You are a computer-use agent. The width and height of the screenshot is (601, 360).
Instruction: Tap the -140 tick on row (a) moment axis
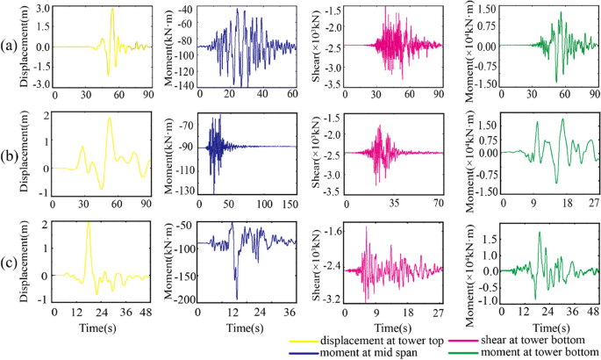184,85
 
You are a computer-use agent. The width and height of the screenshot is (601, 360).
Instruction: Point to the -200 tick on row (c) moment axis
184,300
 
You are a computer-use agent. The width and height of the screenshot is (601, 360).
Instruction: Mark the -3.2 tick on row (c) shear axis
331,299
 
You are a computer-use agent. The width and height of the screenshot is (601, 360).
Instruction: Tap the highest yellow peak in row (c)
88,222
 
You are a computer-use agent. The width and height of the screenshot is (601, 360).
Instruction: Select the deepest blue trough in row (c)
237,298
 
